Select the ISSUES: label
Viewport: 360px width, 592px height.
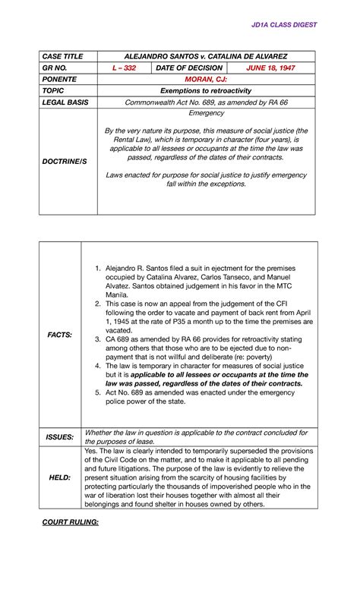coord(60,437)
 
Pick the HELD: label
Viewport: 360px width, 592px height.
coord(60,477)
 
